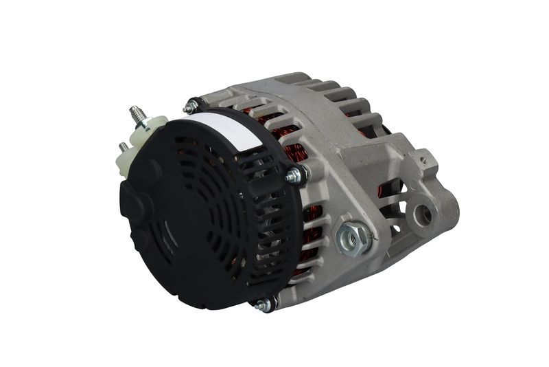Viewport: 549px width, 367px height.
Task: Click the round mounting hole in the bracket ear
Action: coord(423,214)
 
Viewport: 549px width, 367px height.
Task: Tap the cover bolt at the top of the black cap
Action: coord(191,107)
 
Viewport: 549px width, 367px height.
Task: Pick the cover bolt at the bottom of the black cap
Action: coord(263,304)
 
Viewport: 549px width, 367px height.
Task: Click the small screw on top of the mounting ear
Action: coord(425,160)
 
